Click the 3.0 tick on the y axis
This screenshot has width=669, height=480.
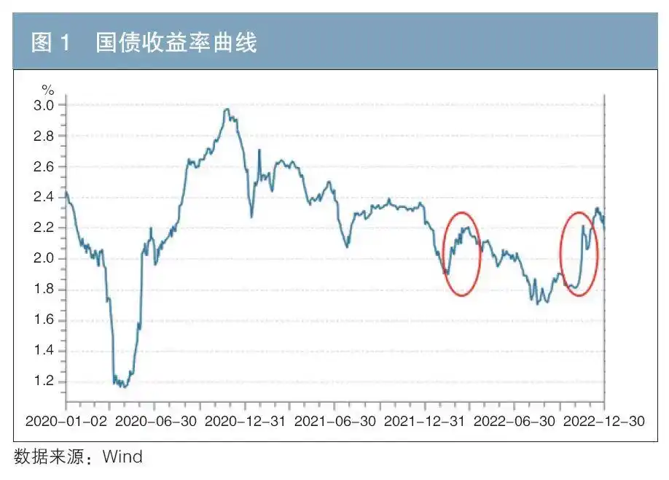click(x=45, y=105)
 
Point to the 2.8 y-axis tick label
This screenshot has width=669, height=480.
click(x=45, y=136)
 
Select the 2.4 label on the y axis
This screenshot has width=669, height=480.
click(x=45, y=197)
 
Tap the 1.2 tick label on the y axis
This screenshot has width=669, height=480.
click(x=45, y=381)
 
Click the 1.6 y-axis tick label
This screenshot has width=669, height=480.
click(x=45, y=320)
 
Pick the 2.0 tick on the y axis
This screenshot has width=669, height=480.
click(x=45, y=258)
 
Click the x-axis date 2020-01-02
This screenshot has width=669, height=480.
click(x=66, y=422)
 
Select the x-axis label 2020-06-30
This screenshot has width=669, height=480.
click(x=155, y=422)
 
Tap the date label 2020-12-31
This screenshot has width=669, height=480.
click(x=245, y=422)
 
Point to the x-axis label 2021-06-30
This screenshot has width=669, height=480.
click(x=335, y=422)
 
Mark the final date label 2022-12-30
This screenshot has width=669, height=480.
click(x=603, y=422)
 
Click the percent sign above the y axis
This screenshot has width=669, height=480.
click(x=48, y=90)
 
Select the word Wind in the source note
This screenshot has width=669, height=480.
click(x=122, y=457)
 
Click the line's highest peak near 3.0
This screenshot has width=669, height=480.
click(x=227, y=109)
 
